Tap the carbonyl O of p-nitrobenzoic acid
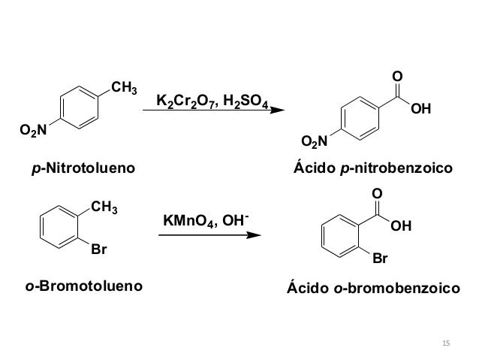[397, 77]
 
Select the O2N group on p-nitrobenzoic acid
[314, 141]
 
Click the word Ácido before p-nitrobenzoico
[314, 169]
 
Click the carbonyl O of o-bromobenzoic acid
[377, 195]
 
